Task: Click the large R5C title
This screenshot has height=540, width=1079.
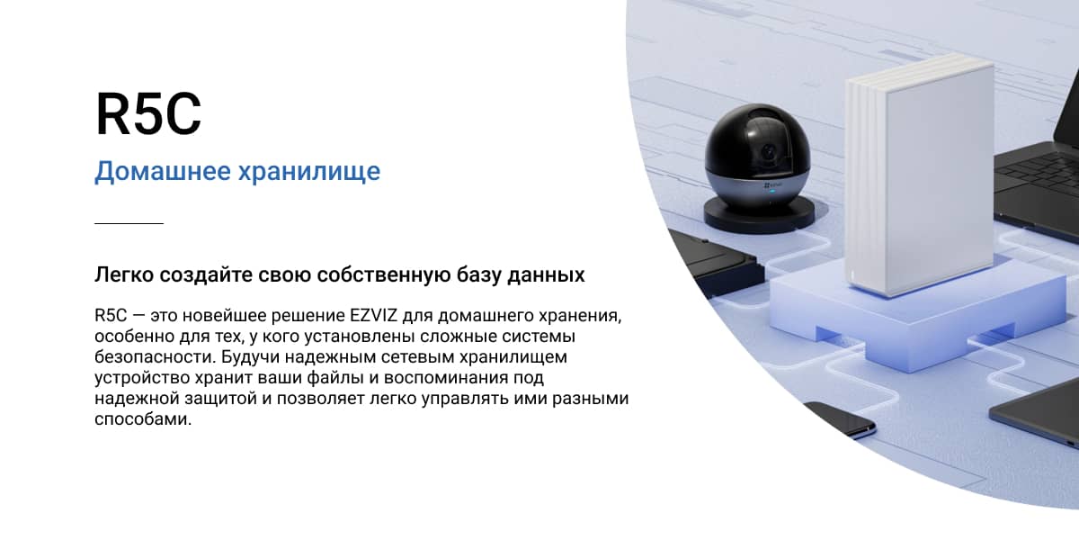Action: pyautogui.click(x=148, y=113)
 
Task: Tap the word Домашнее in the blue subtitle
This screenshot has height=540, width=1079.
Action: pyautogui.click(x=163, y=171)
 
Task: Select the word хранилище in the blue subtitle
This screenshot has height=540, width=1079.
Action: pyautogui.click(x=309, y=172)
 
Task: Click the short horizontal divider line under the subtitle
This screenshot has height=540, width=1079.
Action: pyautogui.click(x=129, y=223)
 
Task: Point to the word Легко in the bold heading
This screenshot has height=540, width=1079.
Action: pyautogui.click(x=124, y=274)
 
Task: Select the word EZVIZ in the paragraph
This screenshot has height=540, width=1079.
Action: pyautogui.click(x=373, y=315)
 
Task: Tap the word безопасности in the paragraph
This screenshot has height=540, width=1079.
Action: pyautogui.click(x=156, y=357)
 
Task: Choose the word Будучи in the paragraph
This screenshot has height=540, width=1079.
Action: pyautogui.click(x=250, y=357)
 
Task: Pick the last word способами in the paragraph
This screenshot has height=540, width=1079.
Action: pyautogui.click(x=143, y=419)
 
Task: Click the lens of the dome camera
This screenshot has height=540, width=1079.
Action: pyautogui.click(x=768, y=152)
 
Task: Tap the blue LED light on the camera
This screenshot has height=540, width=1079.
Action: pyautogui.click(x=772, y=191)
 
